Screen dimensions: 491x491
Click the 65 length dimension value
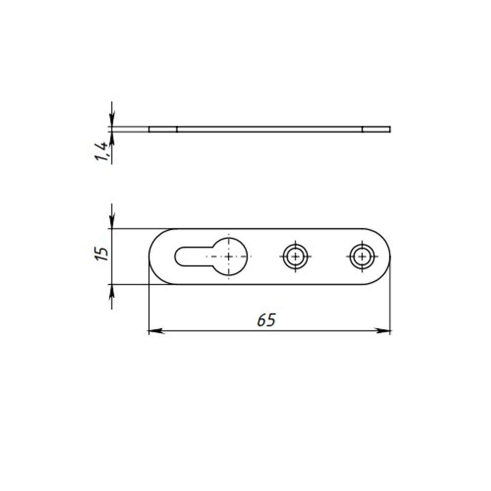pyautogui.click(x=266, y=320)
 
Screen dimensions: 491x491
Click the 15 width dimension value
pyautogui.click(x=102, y=254)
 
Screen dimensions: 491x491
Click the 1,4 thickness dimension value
pyautogui.click(x=102, y=151)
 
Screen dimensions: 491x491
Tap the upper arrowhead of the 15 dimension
pyautogui.click(x=112, y=221)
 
